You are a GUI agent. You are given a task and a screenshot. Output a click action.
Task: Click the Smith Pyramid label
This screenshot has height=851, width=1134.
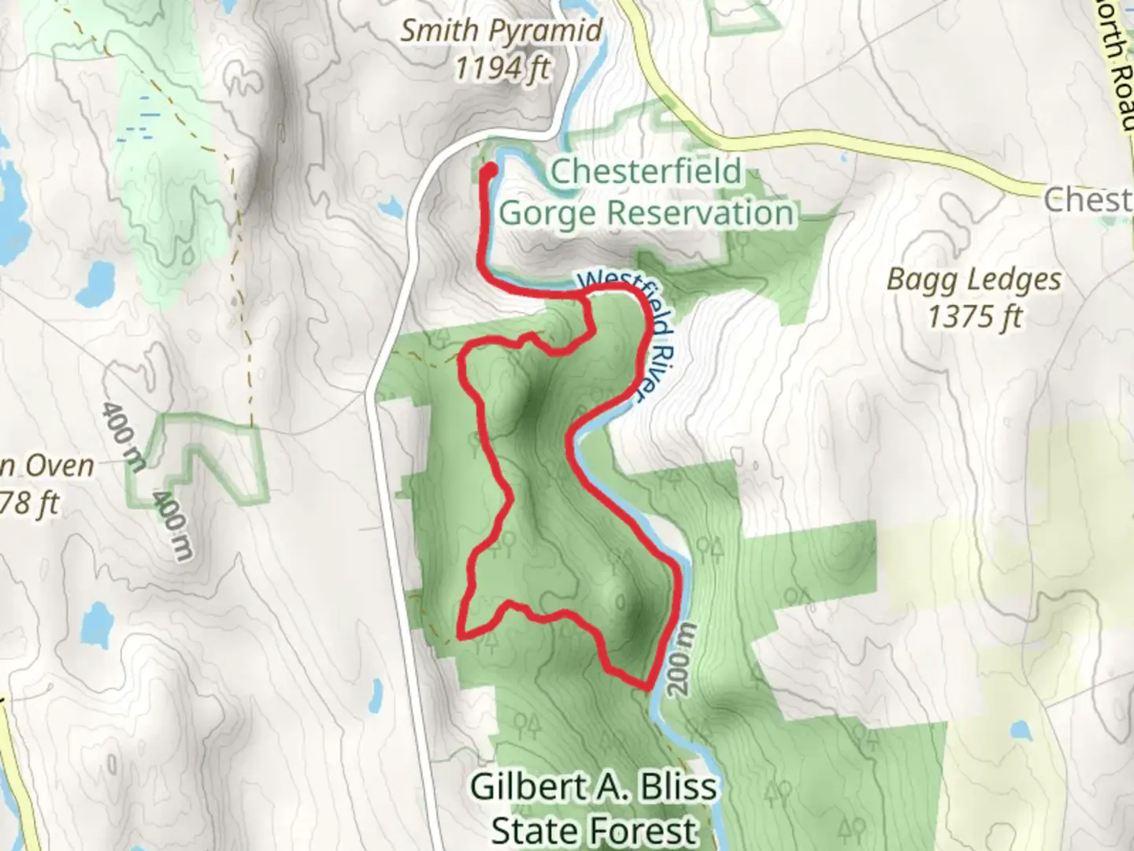point(501,31)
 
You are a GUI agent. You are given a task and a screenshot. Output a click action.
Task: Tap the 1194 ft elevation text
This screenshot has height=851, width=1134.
point(501,69)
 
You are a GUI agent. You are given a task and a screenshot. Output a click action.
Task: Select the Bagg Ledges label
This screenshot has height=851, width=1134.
point(974,280)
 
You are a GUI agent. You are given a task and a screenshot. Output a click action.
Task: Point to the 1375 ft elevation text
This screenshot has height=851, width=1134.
point(974,317)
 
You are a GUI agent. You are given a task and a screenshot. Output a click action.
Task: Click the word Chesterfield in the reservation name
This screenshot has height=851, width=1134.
point(646,172)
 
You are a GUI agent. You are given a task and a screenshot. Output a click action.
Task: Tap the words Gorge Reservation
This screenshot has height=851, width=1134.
point(646,213)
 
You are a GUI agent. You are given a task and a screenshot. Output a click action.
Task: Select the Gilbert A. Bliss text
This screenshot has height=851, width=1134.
point(594,786)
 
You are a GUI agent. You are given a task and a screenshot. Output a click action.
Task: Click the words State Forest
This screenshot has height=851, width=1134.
point(594,830)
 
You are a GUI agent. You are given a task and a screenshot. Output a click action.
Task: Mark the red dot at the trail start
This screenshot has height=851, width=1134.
point(489,169)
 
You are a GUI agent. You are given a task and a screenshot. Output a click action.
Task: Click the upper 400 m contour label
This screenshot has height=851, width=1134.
point(123,437)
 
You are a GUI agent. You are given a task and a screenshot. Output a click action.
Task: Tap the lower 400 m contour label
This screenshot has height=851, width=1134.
point(172,526)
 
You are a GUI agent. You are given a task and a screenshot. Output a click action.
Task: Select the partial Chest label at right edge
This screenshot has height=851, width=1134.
point(1088,200)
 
